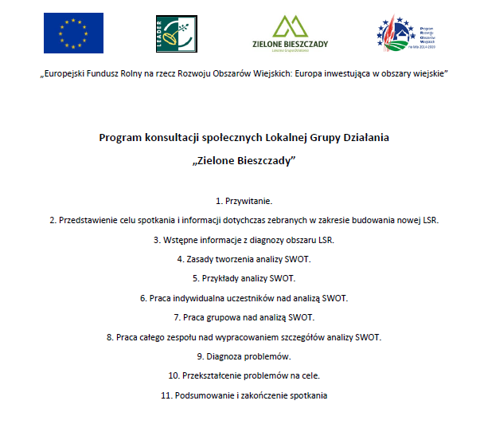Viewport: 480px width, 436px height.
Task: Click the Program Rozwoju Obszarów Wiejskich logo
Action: [x=406, y=33]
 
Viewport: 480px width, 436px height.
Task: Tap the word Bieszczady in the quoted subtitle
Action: [x=264, y=160]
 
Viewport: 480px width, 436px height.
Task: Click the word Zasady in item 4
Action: [x=200, y=259]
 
